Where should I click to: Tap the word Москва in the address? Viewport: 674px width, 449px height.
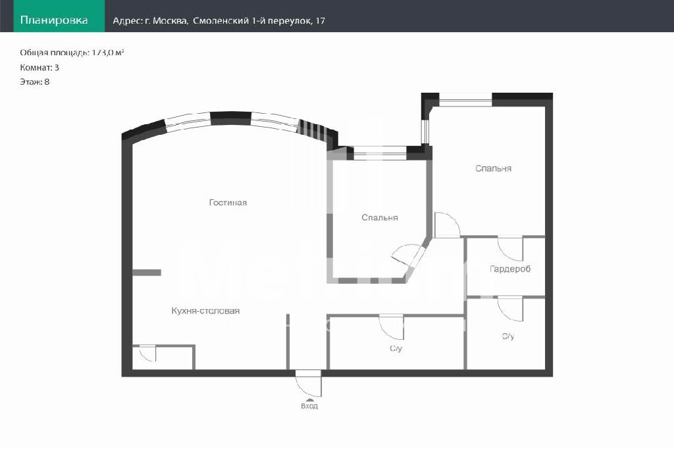tap(170, 20)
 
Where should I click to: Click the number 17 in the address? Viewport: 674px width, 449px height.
tap(321, 20)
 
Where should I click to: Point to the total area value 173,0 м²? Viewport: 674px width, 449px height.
tap(108, 53)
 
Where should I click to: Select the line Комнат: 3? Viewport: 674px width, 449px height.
tap(39, 68)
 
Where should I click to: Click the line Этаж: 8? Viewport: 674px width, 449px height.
tap(35, 82)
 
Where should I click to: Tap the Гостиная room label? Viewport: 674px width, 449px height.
tap(228, 202)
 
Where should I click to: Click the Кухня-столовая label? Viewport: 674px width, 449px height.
tap(205, 311)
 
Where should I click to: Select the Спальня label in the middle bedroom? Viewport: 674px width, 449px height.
tap(380, 218)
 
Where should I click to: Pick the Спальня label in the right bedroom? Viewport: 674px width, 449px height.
tap(494, 169)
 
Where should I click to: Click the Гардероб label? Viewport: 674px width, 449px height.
tap(510, 269)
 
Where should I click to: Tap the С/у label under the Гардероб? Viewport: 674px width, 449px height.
tap(508, 337)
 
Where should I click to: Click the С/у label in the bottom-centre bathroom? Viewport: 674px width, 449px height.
tap(396, 348)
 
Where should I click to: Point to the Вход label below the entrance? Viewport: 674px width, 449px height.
tap(309, 406)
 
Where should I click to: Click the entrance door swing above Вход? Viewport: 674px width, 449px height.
tap(308, 383)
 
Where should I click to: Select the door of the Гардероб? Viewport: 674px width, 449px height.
tap(510, 249)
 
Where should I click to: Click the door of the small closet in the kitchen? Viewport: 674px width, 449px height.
tap(147, 353)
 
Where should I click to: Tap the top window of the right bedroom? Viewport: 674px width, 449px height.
tap(465, 99)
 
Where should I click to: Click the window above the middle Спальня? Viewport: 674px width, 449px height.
tap(380, 153)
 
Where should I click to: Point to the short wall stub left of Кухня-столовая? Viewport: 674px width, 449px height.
tap(147, 273)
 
